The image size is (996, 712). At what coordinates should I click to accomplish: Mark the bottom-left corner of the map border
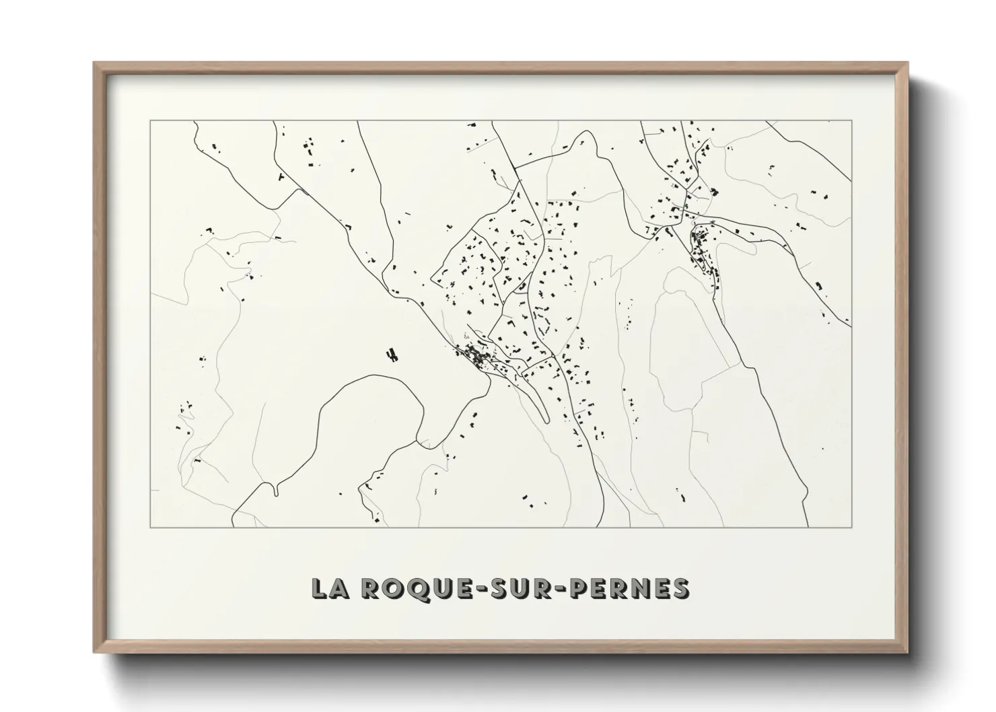(x=151, y=527)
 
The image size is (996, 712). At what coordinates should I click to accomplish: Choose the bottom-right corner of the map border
(x=852, y=527)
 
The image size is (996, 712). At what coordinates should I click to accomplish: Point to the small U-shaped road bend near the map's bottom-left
(x=277, y=490)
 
